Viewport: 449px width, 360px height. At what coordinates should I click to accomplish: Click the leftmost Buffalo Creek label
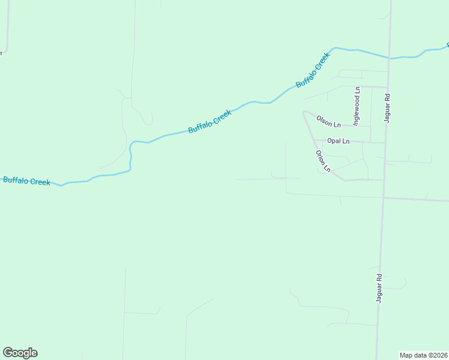26,181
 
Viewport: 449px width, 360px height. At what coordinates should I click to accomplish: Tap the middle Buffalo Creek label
209,121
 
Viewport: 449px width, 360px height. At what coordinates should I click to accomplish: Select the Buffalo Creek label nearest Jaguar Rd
313,70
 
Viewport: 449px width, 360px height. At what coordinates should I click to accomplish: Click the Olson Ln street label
328,122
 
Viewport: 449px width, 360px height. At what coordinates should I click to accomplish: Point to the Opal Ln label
338,141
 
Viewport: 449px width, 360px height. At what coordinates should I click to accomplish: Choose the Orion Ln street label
323,161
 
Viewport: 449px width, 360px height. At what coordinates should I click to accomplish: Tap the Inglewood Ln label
357,106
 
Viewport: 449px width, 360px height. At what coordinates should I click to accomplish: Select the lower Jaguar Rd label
379,288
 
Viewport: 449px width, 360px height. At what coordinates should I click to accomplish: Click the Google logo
20,353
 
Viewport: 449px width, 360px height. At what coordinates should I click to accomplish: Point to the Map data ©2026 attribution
424,355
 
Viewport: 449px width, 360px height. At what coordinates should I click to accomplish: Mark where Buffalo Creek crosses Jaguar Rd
390,58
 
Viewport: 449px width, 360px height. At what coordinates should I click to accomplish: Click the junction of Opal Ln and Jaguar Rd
385,143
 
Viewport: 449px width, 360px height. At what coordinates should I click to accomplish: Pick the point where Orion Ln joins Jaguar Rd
384,179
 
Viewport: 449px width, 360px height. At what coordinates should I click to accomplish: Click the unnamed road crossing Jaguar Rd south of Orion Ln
383,197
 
